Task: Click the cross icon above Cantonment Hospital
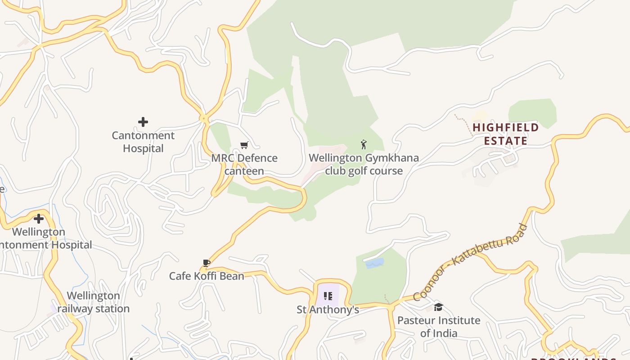(143, 121)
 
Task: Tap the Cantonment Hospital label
(143, 142)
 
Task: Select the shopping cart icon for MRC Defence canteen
(244, 145)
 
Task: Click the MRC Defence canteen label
(244, 164)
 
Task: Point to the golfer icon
(364, 144)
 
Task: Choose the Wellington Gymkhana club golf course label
(364, 164)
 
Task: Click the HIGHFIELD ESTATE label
(506, 134)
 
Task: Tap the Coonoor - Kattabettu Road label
(470, 262)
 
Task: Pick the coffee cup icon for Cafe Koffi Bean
(207, 263)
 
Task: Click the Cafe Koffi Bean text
(207, 276)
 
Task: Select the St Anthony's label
(328, 310)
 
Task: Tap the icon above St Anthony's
(328, 296)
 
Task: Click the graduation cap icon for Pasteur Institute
(438, 307)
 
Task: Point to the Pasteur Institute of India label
(439, 327)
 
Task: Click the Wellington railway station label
(94, 302)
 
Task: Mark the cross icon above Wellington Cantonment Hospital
(39, 219)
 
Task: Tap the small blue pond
(375, 263)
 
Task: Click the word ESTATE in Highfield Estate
(506, 141)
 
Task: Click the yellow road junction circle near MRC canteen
(204, 119)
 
